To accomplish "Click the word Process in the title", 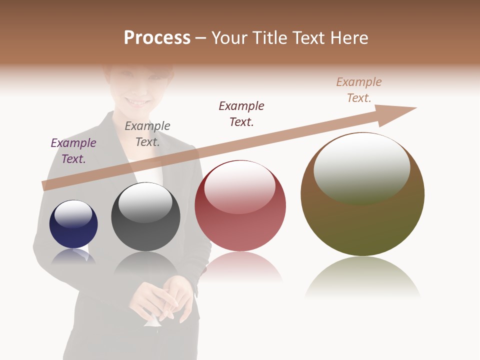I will [157, 38].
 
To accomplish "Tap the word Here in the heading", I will [350, 38].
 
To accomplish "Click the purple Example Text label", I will [73, 150].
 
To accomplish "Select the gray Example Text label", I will [147, 133].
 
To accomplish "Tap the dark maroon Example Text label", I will [241, 113].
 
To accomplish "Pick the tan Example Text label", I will [359, 89].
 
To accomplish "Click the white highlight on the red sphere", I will [239, 186].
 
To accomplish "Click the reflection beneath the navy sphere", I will [73, 256].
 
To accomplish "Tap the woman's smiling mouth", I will [138, 101].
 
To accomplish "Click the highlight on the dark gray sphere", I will [145, 201].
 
